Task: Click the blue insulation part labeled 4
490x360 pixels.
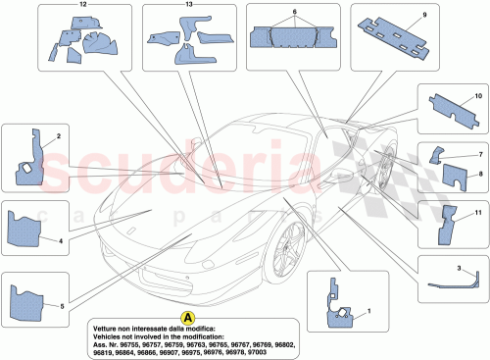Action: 30,229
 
